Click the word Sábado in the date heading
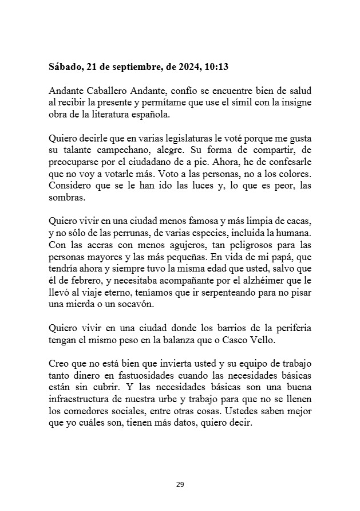(x=65, y=67)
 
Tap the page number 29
(x=180, y=485)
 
